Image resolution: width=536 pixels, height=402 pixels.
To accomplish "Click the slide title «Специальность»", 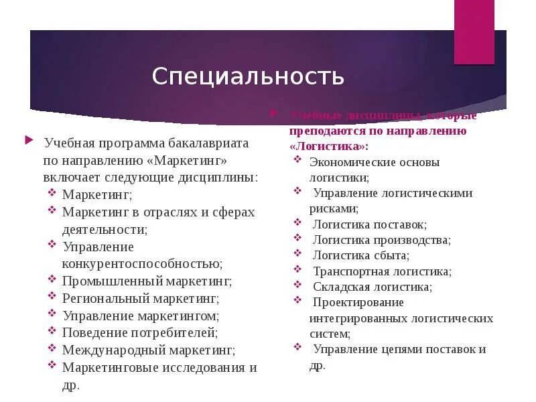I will pyautogui.click(x=248, y=76).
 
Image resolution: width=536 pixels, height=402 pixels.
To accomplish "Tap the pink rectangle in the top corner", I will pyautogui.click(x=474, y=31).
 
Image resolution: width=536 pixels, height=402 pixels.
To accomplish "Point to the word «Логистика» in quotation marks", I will pyautogui.click(x=328, y=145).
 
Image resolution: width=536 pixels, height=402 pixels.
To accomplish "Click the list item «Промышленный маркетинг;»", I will pyautogui.click(x=147, y=281).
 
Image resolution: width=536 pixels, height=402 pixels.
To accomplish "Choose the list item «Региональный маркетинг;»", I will pyautogui.click(x=141, y=298).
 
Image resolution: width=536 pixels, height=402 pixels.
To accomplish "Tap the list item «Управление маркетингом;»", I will pyautogui.click(x=141, y=315).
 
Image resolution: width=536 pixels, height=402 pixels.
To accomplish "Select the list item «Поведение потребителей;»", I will pyautogui.click(x=140, y=332).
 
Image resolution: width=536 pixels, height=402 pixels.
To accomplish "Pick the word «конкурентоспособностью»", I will pyautogui.click(x=142, y=264).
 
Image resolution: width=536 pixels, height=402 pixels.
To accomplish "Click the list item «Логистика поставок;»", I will pyautogui.click(x=369, y=224).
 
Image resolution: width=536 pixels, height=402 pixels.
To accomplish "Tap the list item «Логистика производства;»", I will pyautogui.click(x=381, y=240).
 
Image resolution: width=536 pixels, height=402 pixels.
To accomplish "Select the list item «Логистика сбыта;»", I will pyautogui.click(x=360, y=255).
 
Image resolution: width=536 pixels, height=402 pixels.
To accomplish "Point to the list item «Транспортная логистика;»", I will pyautogui.click(x=382, y=271).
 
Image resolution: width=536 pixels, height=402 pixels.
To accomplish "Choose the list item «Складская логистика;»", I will pyautogui.click(x=372, y=287).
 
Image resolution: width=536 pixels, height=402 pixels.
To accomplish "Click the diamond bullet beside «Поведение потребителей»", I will pyautogui.click(x=52, y=330).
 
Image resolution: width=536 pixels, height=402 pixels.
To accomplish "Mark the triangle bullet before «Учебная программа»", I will pyautogui.click(x=29, y=140).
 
